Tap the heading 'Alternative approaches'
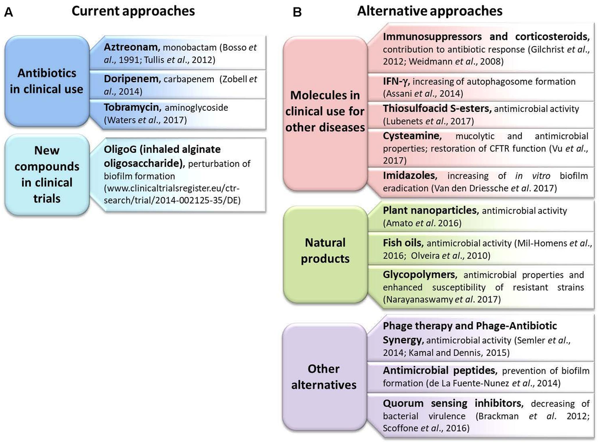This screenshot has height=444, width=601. (x=430, y=11)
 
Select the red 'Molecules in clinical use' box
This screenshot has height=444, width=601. (x=325, y=113)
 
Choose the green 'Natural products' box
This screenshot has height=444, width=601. (x=325, y=251)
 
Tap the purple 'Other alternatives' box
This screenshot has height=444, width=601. (x=325, y=377)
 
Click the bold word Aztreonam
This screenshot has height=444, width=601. (x=127, y=46)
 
